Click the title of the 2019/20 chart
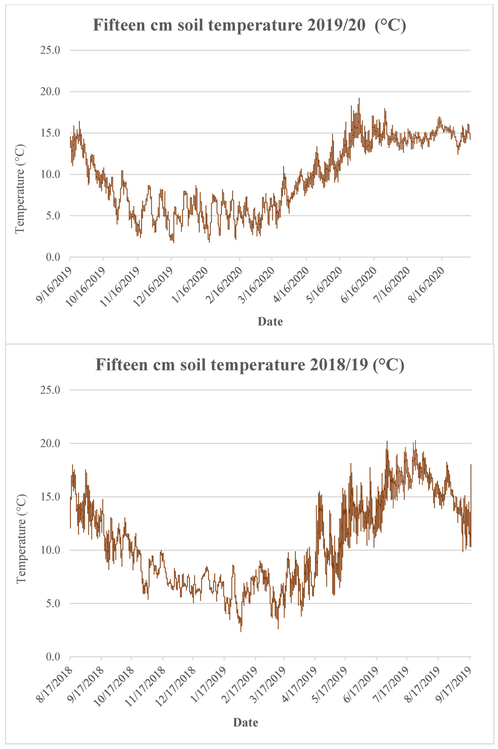coord(249,26)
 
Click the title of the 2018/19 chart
coord(250,365)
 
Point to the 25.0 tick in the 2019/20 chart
coord(50,51)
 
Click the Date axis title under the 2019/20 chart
coord(270,322)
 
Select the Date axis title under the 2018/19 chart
coord(245,723)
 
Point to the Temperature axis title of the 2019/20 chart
coord(20,189)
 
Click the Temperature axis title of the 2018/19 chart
coord(21,538)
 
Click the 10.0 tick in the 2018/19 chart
coord(50,550)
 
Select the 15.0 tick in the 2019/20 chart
coord(50,133)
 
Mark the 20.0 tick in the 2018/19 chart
coord(50,443)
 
